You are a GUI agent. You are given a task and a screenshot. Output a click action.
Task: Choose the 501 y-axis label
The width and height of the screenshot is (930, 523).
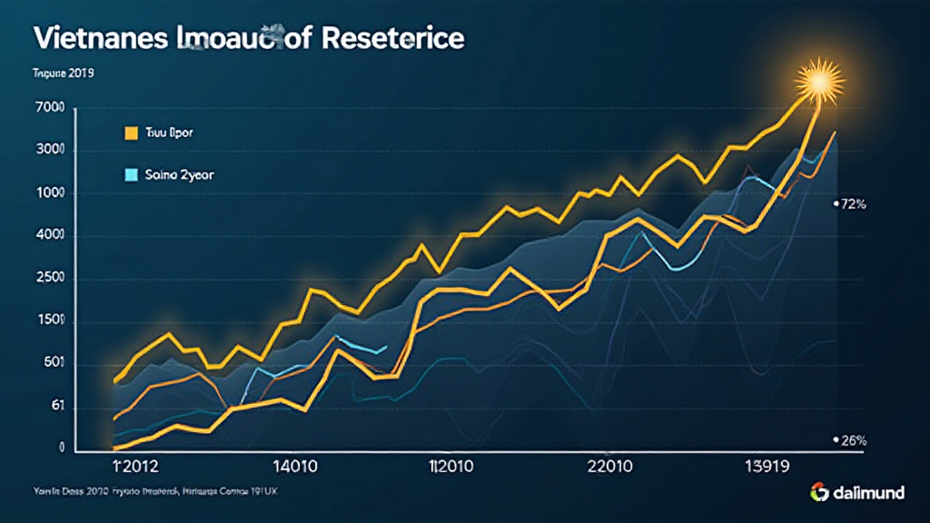tap(53, 364)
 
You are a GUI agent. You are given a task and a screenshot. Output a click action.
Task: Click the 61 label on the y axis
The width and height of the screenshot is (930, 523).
tap(56, 407)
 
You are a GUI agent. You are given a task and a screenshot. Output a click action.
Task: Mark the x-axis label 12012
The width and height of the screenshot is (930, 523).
tap(134, 468)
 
